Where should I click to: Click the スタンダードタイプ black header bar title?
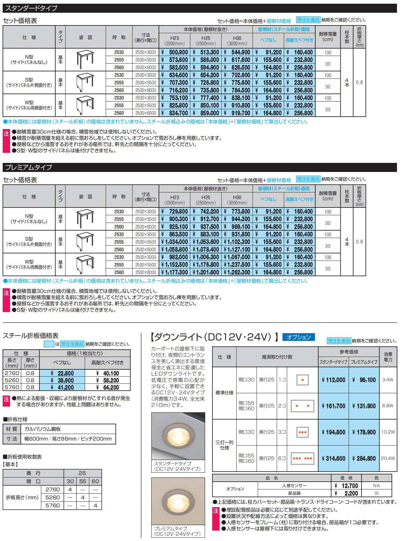(x=31, y=8)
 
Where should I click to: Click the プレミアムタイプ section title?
(x=29, y=167)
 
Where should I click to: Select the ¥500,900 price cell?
(x=174, y=52)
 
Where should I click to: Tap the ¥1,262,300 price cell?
(x=237, y=273)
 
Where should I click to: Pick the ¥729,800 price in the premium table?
(x=174, y=212)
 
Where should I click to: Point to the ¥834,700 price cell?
(x=174, y=113)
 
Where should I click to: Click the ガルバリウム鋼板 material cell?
(x=43, y=429)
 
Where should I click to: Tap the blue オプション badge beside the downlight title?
(x=299, y=337)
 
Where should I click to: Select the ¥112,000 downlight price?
(x=333, y=380)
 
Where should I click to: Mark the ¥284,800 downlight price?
(x=364, y=458)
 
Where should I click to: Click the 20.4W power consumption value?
(x=388, y=458)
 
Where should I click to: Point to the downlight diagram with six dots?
(x=302, y=458)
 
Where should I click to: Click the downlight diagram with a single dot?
(x=302, y=380)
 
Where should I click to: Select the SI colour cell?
(x=376, y=493)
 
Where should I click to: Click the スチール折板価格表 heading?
(x=31, y=336)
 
